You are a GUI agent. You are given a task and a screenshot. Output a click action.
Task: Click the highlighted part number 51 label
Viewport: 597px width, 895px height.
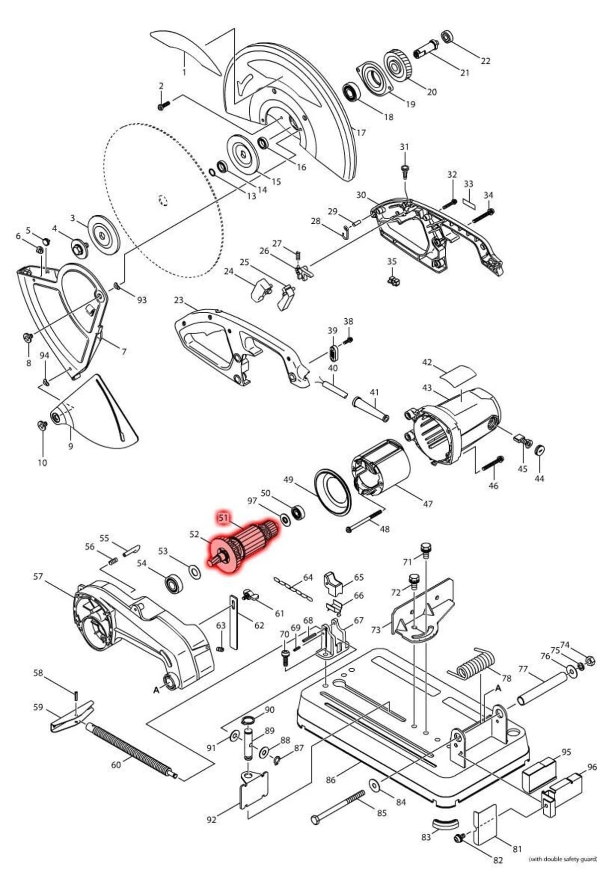(x=223, y=518)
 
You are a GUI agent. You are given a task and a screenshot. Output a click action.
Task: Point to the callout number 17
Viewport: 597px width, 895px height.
(x=361, y=133)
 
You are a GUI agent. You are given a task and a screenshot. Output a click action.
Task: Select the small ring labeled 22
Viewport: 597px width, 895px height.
(x=447, y=37)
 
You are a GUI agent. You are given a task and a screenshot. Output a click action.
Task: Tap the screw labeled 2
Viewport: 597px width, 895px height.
(x=164, y=105)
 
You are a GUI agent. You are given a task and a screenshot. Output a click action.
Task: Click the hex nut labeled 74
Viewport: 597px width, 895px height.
(x=588, y=661)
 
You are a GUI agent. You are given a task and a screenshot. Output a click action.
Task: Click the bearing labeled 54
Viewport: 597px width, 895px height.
(x=174, y=583)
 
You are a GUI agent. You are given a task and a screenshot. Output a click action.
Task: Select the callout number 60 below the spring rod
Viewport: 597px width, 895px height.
(x=115, y=765)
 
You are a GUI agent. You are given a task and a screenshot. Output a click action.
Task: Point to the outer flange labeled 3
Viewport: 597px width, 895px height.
(x=104, y=236)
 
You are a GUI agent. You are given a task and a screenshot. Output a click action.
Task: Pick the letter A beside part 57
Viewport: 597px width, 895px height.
(x=156, y=690)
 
